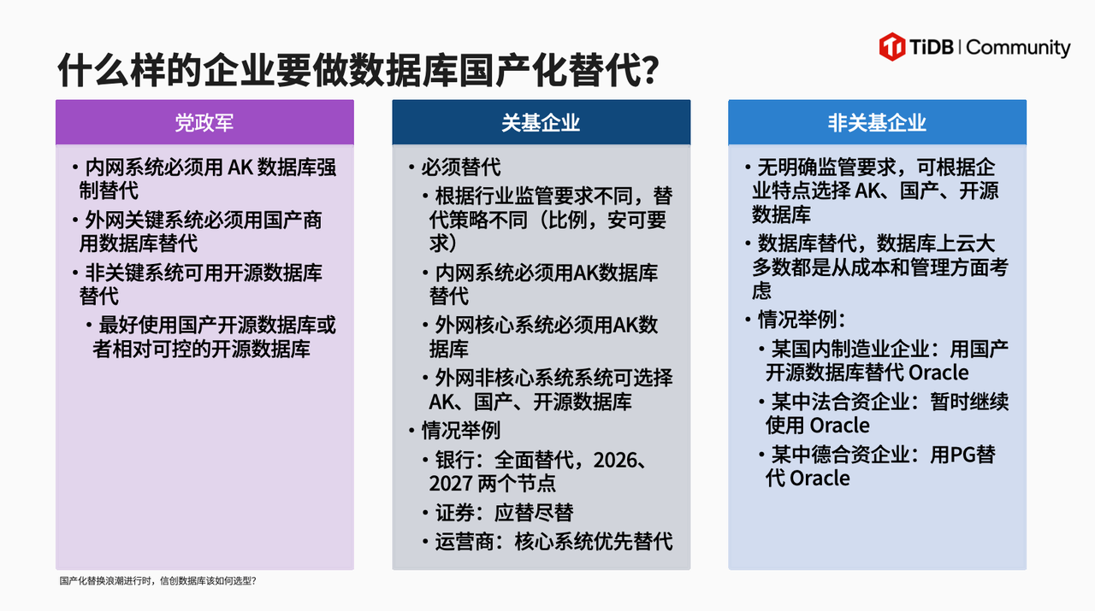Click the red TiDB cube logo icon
[892, 46]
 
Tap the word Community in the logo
[1018, 47]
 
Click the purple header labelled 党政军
[204, 122]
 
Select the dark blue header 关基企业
[541, 122]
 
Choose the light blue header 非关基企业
[877, 122]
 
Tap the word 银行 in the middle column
[454, 460]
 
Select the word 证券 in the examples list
[454, 513]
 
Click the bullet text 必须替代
[460, 167]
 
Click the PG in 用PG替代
[962, 454]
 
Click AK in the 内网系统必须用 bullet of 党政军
[240, 167]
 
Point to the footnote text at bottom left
[157, 581]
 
